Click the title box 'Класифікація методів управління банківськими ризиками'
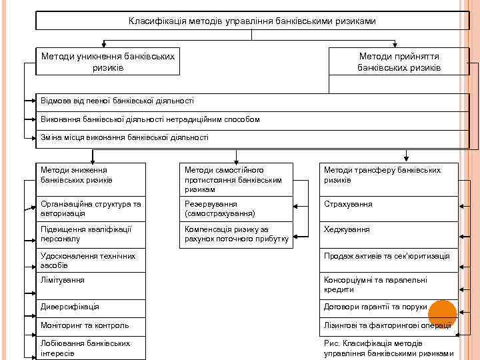coord(252,21)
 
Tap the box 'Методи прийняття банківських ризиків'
coord(399,62)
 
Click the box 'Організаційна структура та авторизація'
coord(91,209)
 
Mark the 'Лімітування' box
coord(91,286)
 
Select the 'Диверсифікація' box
coord(91,307)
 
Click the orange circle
coord(442,313)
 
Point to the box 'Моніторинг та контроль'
coord(91,325)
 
